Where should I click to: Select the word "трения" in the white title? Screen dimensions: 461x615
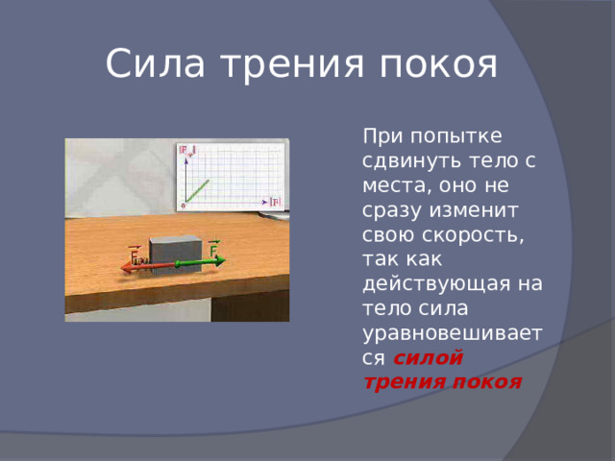[292, 64]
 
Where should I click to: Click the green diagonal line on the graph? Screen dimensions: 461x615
[196, 188]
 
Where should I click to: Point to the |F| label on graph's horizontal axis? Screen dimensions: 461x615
[275, 201]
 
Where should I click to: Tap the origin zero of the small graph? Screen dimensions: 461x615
[182, 206]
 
